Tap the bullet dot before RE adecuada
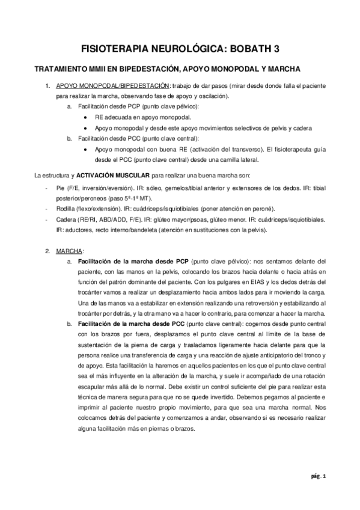(87, 117)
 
